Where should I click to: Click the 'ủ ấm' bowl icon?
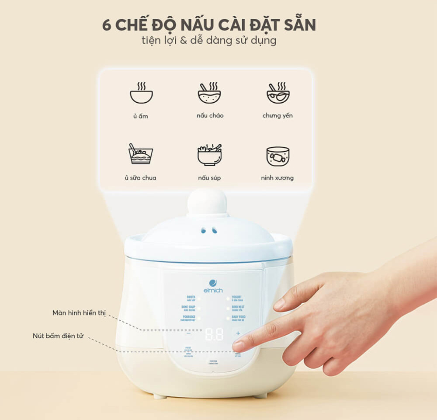pos(141,93)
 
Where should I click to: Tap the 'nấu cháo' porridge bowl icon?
pos(209,93)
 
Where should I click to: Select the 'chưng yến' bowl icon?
pos(278,93)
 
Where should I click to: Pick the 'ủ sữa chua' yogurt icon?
pos(141,154)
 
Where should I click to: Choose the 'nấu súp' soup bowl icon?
pos(209,155)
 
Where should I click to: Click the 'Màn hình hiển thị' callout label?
pos(79,313)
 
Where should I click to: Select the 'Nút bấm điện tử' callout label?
pos(58,336)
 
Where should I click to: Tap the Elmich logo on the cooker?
pos(213,286)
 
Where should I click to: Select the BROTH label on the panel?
pos(191,297)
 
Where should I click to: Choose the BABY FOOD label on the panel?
pos(239,317)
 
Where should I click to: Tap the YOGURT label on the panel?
pos(237,297)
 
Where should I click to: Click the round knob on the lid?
pos(208,202)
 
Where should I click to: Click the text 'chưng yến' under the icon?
pos(277,116)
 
